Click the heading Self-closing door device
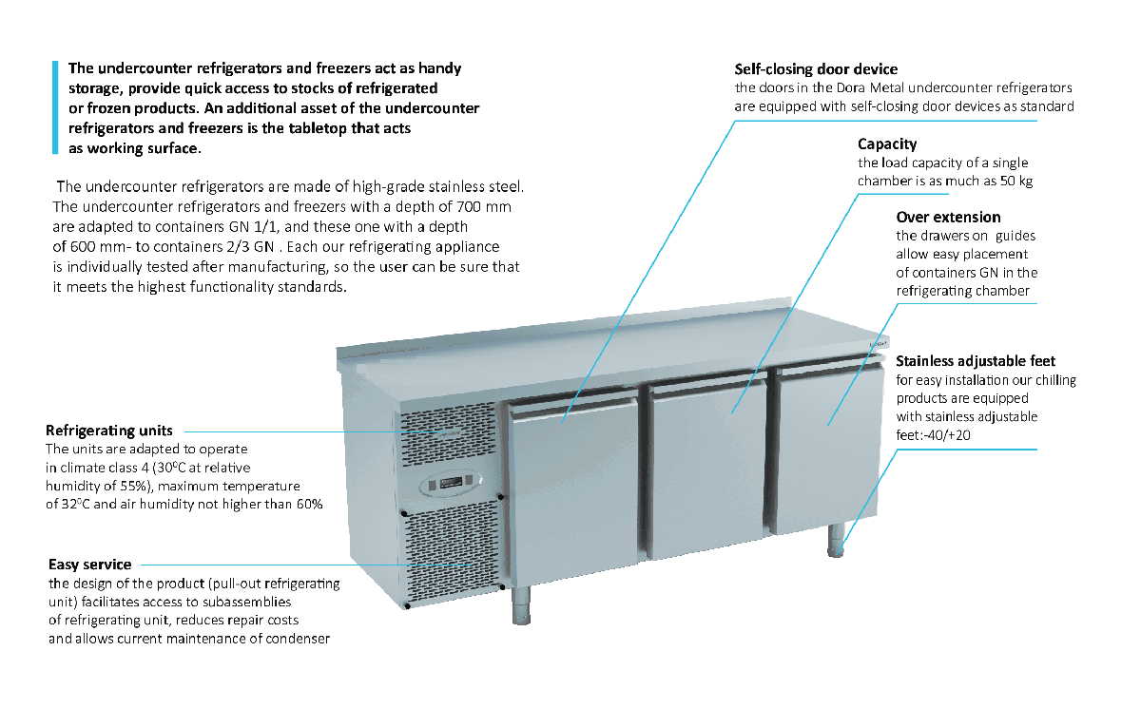pos(816,69)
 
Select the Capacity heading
pos(887,144)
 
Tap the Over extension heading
pos(948,218)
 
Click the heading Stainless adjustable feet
pos(976,361)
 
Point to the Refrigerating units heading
pos(109,431)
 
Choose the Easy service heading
pos(90,565)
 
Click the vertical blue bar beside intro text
pos(55,106)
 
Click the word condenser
pos(295,639)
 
